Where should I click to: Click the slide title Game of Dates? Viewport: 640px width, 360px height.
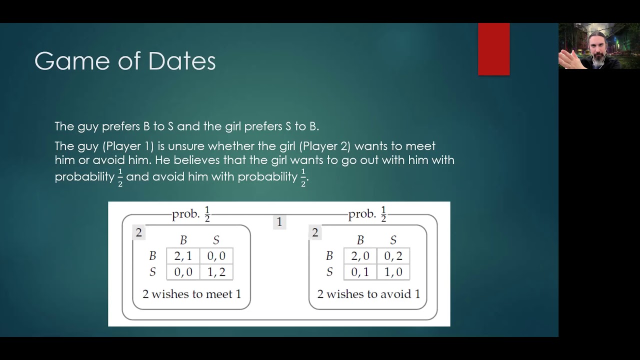coord(125,61)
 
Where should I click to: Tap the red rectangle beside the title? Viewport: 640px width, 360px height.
coord(493,49)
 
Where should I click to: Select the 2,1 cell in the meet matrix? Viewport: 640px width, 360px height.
coord(183,256)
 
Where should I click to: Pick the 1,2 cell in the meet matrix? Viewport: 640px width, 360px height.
coord(216,272)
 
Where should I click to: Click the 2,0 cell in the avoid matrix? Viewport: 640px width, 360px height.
coord(360,256)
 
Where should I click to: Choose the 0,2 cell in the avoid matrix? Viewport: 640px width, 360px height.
coord(393,256)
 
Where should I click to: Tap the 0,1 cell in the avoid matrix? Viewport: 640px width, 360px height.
coord(360,272)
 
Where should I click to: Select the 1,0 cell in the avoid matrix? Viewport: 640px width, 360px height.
coord(393,272)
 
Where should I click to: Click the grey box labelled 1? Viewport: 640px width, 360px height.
coord(279,222)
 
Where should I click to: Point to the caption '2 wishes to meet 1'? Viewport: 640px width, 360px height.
coord(191,294)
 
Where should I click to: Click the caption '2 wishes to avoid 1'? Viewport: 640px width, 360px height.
coord(368,294)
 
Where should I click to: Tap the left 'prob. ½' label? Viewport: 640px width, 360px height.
coord(191,214)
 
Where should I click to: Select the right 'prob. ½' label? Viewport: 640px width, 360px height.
coord(367,214)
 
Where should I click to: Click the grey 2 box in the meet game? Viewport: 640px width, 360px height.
coord(139,232)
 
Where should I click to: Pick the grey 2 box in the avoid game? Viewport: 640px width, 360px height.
coord(315,232)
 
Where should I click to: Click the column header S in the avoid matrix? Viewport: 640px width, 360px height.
coord(393,240)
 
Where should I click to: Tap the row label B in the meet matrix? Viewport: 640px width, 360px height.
coord(152,256)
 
